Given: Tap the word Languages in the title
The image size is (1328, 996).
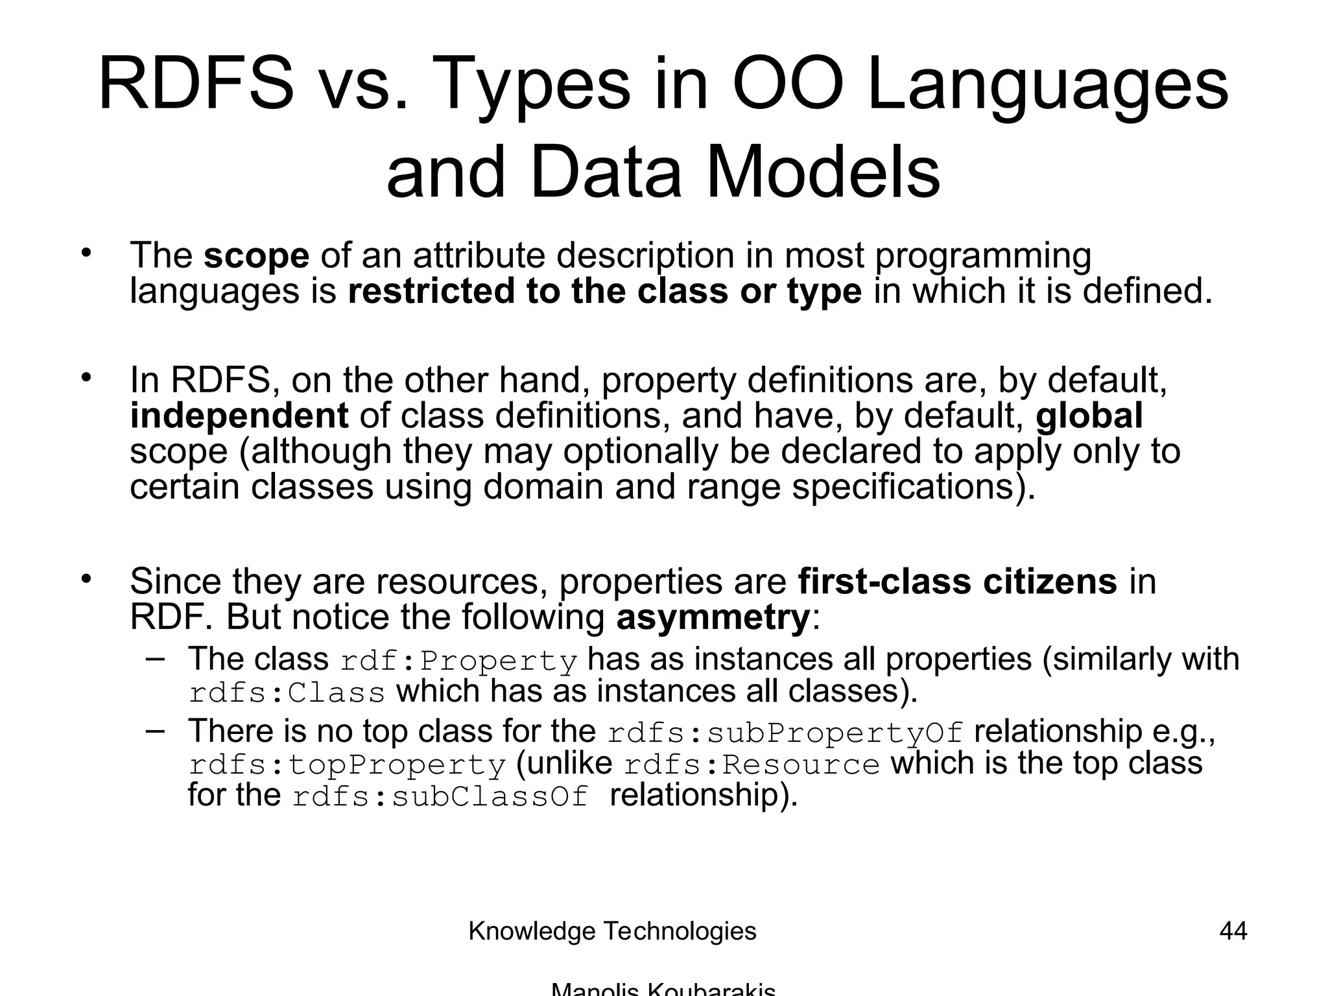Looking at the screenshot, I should [1047, 84].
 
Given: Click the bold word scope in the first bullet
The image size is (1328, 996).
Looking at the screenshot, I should [256, 255].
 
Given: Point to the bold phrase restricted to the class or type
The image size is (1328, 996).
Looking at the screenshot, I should [604, 291].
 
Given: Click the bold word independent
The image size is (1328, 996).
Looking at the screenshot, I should [239, 416].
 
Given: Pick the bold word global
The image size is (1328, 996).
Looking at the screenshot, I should [1089, 416].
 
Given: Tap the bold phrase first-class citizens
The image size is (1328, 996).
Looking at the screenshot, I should [957, 581].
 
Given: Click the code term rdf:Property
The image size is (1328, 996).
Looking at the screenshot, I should [458, 661].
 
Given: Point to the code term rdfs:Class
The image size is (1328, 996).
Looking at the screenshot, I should [287, 693].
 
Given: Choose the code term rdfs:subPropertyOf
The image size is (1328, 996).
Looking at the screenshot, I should [785, 733].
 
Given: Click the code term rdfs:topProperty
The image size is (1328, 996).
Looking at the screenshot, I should [347, 765].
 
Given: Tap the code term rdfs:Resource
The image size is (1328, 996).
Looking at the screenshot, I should [752, 765].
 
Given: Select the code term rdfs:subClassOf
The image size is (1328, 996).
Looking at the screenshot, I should [440, 797].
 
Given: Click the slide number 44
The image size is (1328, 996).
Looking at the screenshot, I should [1233, 931].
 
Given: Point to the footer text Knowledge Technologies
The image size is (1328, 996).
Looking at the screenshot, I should [612, 931].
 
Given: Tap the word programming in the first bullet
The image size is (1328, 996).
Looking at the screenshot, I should [983, 255].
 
